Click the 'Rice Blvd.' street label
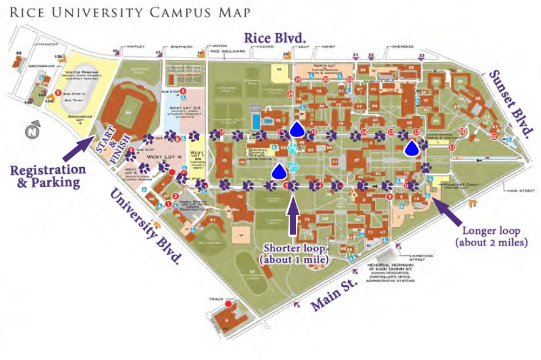point(275,37)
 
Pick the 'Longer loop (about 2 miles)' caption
point(491,236)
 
